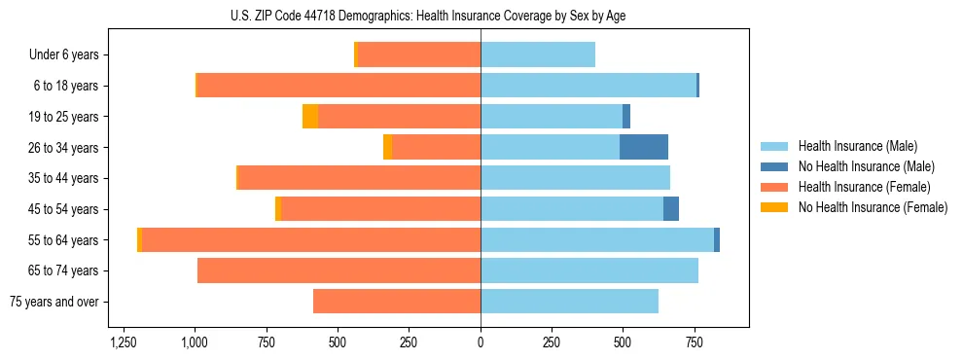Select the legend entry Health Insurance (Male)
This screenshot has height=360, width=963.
(857, 146)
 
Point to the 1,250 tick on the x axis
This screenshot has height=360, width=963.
(124, 343)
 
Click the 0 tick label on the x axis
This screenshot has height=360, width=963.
(481, 343)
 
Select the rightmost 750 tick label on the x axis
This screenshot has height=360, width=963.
(695, 343)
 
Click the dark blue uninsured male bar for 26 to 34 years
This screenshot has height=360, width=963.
(644, 147)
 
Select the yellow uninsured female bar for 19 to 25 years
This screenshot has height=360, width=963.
(310, 117)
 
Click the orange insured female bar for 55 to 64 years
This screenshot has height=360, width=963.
(311, 239)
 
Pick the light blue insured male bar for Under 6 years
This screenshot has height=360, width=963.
(538, 54)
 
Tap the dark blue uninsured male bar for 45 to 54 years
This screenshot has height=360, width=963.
(671, 208)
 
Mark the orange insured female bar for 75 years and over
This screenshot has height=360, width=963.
(397, 302)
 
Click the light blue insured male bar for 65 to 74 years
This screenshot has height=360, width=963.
(589, 270)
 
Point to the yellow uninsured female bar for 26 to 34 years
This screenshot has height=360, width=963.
(388, 147)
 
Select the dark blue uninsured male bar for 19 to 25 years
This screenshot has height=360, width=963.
(626, 117)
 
